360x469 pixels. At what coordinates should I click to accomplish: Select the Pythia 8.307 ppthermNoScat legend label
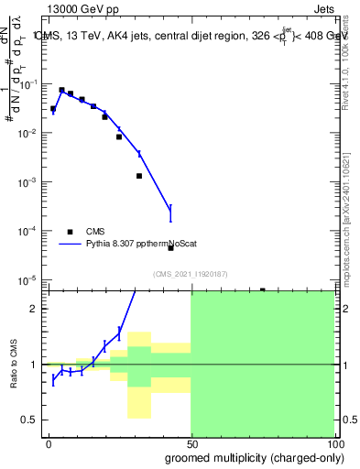click(135, 245)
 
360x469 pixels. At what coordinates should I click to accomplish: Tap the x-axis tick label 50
click(191, 442)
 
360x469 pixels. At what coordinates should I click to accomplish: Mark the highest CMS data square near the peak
click(61, 91)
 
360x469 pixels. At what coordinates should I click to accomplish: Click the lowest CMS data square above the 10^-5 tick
click(170, 247)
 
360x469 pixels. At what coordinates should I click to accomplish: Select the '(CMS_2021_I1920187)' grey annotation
click(190, 274)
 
